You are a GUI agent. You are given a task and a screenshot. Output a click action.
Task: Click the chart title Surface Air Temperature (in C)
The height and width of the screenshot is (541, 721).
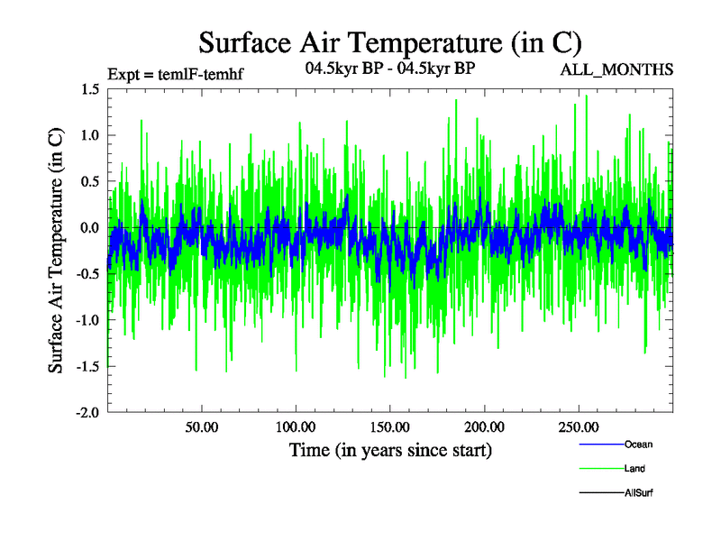pyautogui.click(x=389, y=42)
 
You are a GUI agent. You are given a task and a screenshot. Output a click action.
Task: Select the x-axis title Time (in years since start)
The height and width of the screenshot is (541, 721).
pyautogui.click(x=389, y=449)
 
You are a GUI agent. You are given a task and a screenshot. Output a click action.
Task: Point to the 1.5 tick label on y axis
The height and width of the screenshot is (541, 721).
pyautogui.click(x=89, y=89)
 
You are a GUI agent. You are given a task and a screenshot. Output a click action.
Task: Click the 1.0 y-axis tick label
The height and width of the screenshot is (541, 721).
pyautogui.click(x=89, y=135)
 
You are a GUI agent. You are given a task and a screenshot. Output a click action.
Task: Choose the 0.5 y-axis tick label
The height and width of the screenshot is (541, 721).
pyautogui.click(x=89, y=181)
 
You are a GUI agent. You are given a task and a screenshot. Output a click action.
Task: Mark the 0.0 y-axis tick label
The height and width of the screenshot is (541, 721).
pyautogui.click(x=89, y=228)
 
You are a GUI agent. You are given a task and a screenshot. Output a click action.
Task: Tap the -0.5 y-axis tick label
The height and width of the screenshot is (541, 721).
pyautogui.click(x=87, y=274)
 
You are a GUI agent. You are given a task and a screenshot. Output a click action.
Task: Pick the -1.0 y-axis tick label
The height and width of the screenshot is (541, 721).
pyautogui.click(x=87, y=320)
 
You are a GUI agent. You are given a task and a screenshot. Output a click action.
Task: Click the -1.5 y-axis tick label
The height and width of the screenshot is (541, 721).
pyautogui.click(x=87, y=366)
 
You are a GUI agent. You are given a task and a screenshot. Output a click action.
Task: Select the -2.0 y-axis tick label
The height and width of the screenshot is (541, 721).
pyautogui.click(x=87, y=412)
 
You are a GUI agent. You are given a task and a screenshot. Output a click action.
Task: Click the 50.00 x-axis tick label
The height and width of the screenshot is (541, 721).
pyautogui.click(x=202, y=426)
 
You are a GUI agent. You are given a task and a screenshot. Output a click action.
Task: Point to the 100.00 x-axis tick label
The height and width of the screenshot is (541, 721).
pyautogui.click(x=296, y=426)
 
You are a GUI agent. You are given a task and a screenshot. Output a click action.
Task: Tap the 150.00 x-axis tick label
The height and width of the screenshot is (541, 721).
pyautogui.click(x=390, y=426)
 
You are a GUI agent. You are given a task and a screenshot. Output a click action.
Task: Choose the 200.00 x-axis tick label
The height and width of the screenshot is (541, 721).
pyautogui.click(x=484, y=426)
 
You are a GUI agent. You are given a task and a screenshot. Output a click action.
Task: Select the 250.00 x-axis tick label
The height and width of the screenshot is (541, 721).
pyautogui.click(x=579, y=426)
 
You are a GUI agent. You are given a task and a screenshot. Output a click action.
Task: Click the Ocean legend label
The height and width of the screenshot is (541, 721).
pyautogui.click(x=638, y=445)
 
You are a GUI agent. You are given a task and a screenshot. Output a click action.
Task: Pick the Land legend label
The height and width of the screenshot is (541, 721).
pyautogui.click(x=634, y=469)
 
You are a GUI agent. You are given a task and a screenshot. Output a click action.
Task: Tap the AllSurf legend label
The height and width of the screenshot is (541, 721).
pyautogui.click(x=639, y=493)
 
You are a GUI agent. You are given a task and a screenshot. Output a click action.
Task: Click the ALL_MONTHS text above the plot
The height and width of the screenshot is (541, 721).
pyautogui.click(x=618, y=69)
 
